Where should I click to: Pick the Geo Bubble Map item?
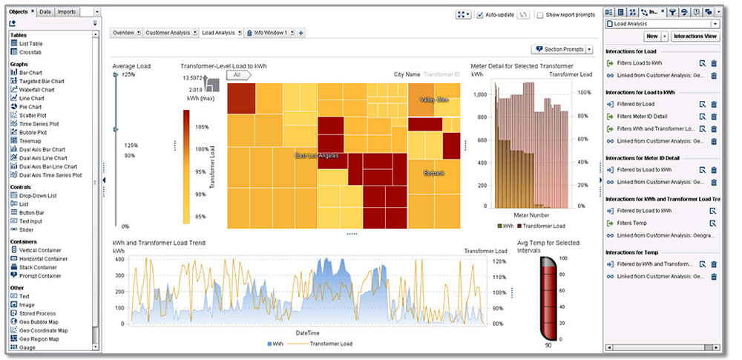pyautogui.click(x=37, y=321)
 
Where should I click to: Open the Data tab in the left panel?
pyautogui.click(x=45, y=12)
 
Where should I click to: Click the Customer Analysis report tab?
pyautogui.click(x=167, y=33)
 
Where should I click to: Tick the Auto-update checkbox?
pyautogui.click(x=480, y=15)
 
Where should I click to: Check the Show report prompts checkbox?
pyautogui.click(x=540, y=15)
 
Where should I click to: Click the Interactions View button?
pyautogui.click(x=695, y=36)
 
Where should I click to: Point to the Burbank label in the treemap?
pyautogui.click(x=433, y=173)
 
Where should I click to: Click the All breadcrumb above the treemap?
pyautogui.click(x=237, y=75)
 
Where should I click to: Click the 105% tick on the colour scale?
pyautogui.click(x=201, y=127)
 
